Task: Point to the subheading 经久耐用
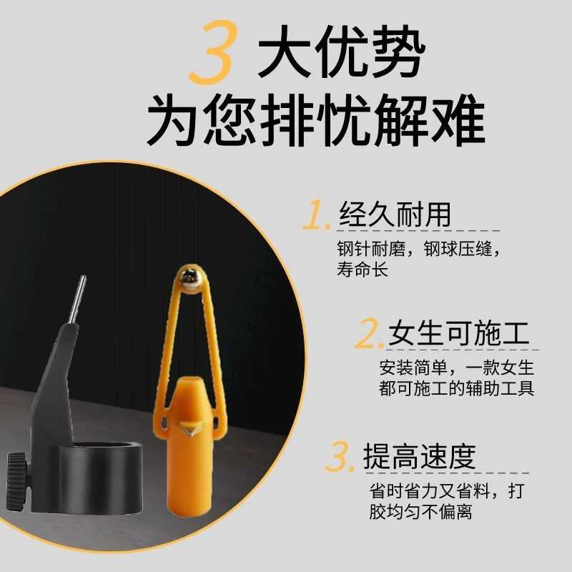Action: (x=395, y=214)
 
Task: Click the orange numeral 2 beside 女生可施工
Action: (x=371, y=335)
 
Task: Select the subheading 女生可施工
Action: (x=458, y=334)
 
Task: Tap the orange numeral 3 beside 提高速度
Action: (x=340, y=458)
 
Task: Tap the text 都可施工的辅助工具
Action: (x=457, y=390)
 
